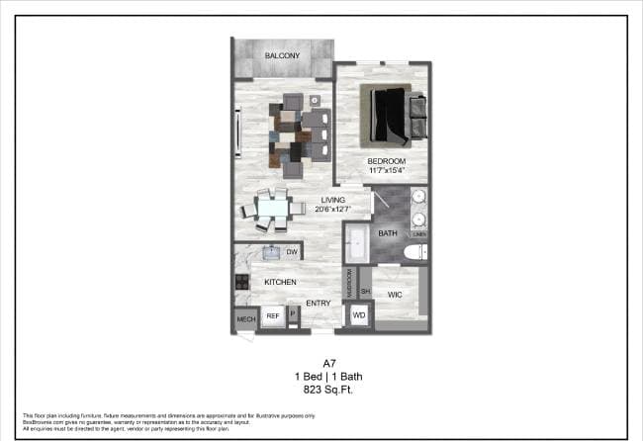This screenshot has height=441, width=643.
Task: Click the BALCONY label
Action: click(x=282, y=56)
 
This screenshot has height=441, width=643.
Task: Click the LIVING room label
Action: click(x=332, y=200)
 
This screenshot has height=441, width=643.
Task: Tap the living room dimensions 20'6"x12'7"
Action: click(x=331, y=209)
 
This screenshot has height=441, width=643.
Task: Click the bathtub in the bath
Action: click(x=356, y=243)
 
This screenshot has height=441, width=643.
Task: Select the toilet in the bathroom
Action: click(x=415, y=252)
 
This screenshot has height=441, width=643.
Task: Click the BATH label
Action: click(x=387, y=234)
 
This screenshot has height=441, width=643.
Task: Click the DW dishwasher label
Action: click(x=292, y=253)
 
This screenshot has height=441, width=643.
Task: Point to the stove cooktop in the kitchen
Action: click(x=240, y=283)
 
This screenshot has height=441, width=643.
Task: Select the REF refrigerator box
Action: click(x=272, y=316)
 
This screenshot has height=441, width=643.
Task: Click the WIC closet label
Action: click(x=394, y=295)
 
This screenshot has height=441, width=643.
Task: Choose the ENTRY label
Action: click(x=318, y=304)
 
